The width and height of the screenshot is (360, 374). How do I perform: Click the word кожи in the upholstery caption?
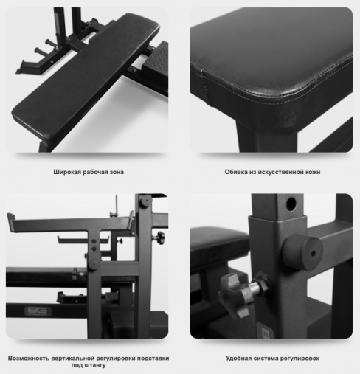click(x=313, y=172)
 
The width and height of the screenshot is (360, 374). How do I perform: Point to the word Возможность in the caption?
click(x=29, y=358)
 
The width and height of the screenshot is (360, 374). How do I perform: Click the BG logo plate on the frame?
click(x=38, y=311)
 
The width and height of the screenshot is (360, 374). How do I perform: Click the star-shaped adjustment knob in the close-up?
click(x=233, y=294)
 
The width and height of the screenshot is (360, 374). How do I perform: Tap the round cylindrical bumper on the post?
click(x=302, y=252)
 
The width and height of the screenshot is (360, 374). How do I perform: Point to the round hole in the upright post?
click(x=291, y=204)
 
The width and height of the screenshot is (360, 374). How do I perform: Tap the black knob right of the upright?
click(x=160, y=238)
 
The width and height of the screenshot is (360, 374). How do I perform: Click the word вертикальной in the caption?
click(x=73, y=358)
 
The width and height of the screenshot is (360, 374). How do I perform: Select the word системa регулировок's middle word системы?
click(x=266, y=359)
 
